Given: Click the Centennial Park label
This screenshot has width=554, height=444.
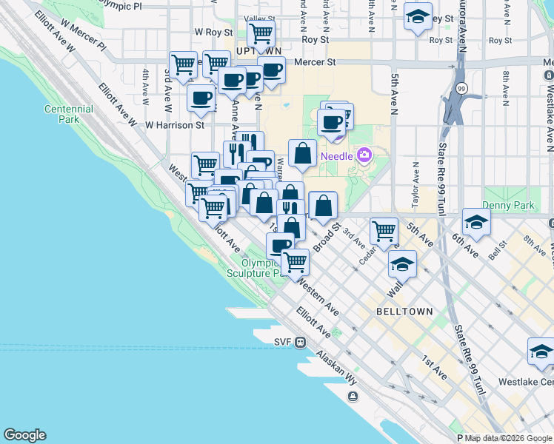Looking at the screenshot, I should coord(69,114).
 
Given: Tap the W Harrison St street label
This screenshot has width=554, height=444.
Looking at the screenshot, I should coord(174,125).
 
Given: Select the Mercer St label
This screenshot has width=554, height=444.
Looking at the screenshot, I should coord(315,63).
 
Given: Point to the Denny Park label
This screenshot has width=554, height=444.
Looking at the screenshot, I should coord(502,204).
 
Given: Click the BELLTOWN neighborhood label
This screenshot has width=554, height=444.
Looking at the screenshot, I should coord(404,312).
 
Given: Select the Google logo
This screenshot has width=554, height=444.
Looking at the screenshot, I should coord(24,435).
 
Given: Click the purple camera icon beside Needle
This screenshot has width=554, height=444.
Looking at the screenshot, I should coord(364,155).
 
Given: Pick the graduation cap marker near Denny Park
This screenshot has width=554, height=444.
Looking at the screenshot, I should coord(476,221).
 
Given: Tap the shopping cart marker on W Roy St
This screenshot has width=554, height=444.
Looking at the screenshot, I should coord(261,33).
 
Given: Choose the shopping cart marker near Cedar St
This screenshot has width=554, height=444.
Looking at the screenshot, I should coord(384,231).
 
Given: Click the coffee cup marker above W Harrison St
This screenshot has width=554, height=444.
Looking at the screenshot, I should coord(201,98).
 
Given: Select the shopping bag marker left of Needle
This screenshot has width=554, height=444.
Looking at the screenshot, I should coord(302,154).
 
